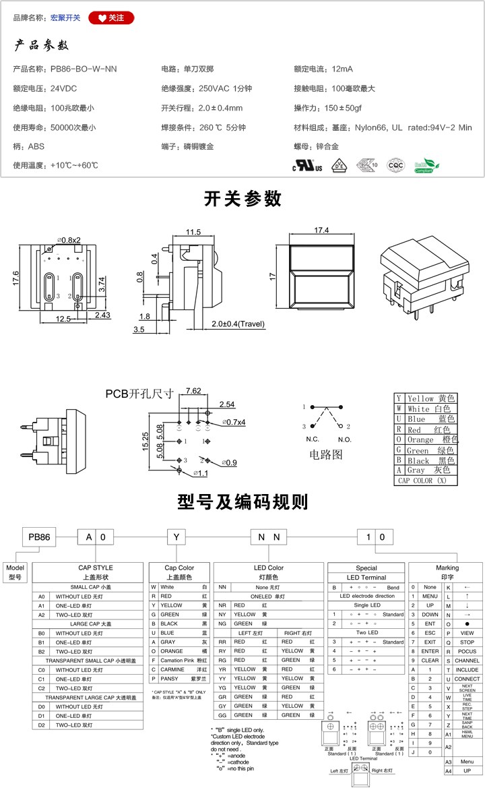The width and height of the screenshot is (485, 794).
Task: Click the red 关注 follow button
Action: (x=111, y=18)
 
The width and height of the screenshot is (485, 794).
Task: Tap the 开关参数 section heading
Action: (x=243, y=199)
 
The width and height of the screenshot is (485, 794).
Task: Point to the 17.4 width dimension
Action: (x=321, y=231)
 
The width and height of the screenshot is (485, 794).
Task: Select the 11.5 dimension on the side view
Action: (x=193, y=233)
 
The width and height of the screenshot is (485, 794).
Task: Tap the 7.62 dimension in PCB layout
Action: (x=193, y=391)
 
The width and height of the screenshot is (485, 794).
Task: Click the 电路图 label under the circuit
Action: (x=326, y=454)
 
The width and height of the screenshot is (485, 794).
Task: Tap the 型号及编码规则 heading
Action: (x=243, y=502)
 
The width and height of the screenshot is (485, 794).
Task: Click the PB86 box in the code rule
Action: (x=39, y=537)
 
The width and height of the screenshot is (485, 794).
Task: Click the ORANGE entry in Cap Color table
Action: (x=172, y=651)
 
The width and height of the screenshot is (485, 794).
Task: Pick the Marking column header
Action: (x=447, y=568)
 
